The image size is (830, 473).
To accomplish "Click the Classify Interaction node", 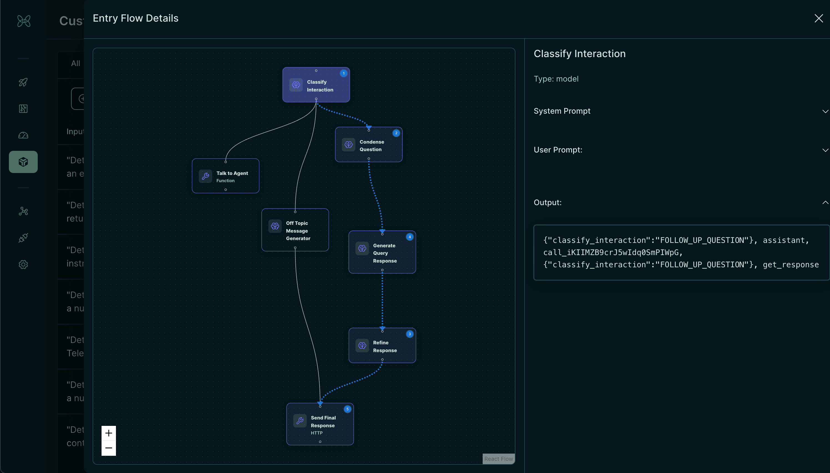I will click(x=316, y=85).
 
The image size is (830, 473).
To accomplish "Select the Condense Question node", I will click(x=368, y=145).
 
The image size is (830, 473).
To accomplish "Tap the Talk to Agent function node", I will click(x=226, y=176).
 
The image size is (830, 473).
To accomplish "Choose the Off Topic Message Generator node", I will click(x=295, y=230).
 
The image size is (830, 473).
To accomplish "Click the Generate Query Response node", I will click(x=382, y=252).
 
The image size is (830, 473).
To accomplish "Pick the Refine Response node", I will click(x=382, y=346).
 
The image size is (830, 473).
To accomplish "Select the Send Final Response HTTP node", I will click(x=320, y=424).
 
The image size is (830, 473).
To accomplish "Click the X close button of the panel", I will click(x=818, y=18).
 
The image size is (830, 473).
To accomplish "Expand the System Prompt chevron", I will click(x=825, y=111).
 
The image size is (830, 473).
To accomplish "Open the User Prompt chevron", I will click(x=825, y=150).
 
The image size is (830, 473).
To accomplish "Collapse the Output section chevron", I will click(x=825, y=203).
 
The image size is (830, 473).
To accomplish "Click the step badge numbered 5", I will click(x=347, y=409).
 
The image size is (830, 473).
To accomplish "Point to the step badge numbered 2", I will click(x=396, y=133).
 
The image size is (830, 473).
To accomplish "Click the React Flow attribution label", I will click(x=498, y=459).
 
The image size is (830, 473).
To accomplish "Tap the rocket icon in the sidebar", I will click(x=23, y=82).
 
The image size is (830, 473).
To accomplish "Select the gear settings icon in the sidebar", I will click(x=23, y=265).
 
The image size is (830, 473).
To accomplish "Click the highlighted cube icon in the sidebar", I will click(x=23, y=162).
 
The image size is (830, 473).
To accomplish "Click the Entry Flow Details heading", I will click(x=136, y=18).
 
